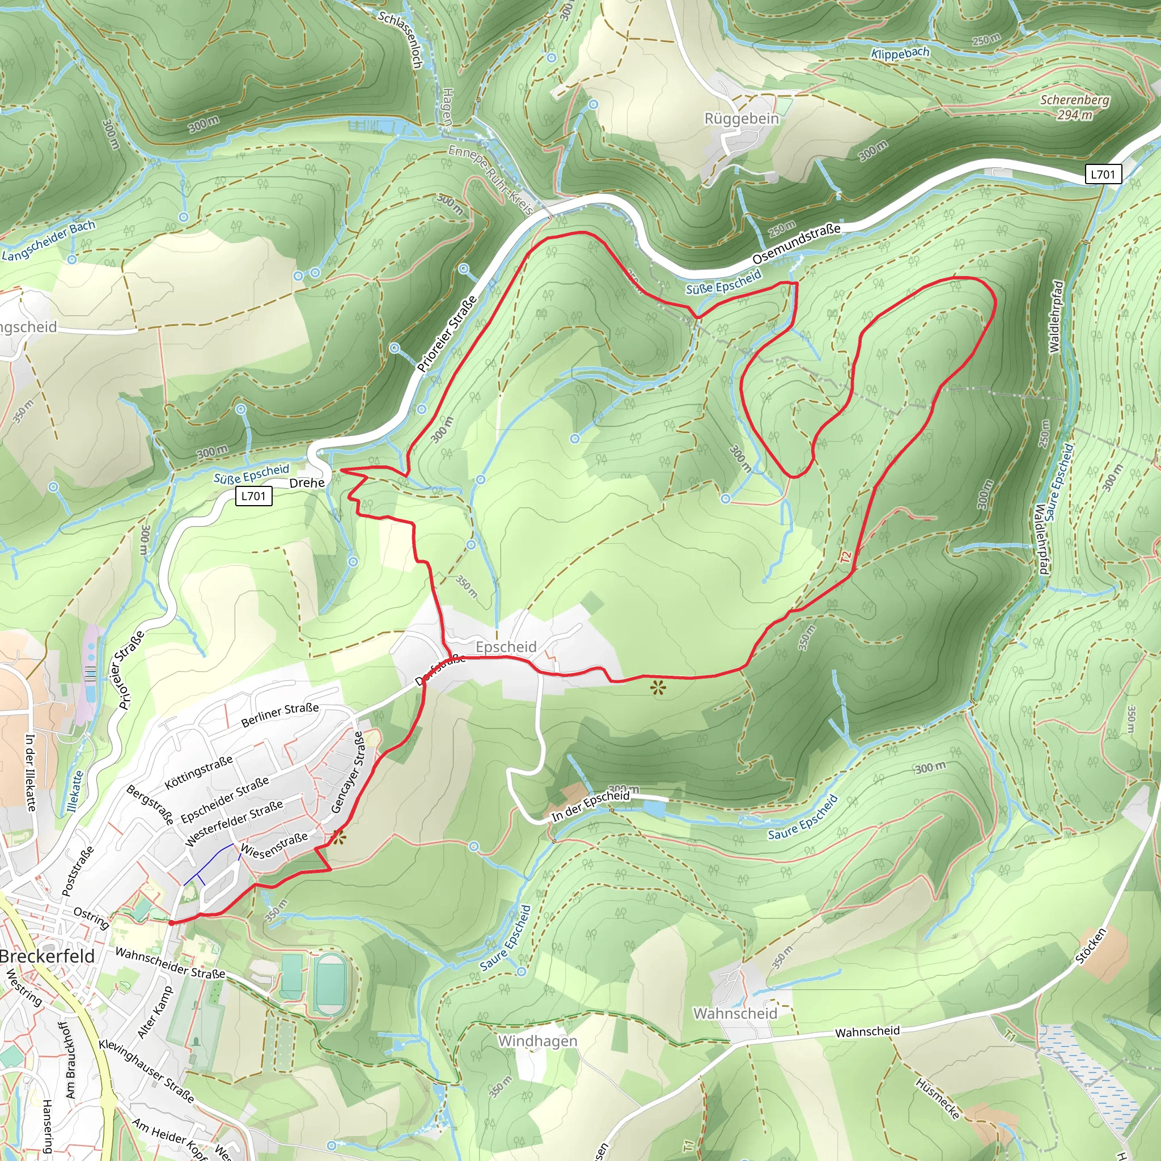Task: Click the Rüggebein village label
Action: point(741,118)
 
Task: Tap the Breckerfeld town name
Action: point(48,956)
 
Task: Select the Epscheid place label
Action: point(506,647)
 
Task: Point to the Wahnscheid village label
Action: point(735,1013)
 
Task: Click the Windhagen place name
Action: point(537,1041)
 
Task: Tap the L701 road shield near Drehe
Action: point(253,496)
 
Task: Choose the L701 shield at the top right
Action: point(1103,174)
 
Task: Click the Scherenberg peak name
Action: point(1075,100)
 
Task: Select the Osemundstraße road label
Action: point(796,243)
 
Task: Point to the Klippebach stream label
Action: point(900,53)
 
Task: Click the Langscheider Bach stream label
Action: point(49,241)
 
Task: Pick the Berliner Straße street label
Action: point(280,715)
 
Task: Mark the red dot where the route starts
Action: point(171,923)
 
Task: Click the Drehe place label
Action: point(307,483)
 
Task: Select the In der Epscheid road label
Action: point(591,806)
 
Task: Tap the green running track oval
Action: point(330,983)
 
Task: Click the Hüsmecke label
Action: point(938,1099)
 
